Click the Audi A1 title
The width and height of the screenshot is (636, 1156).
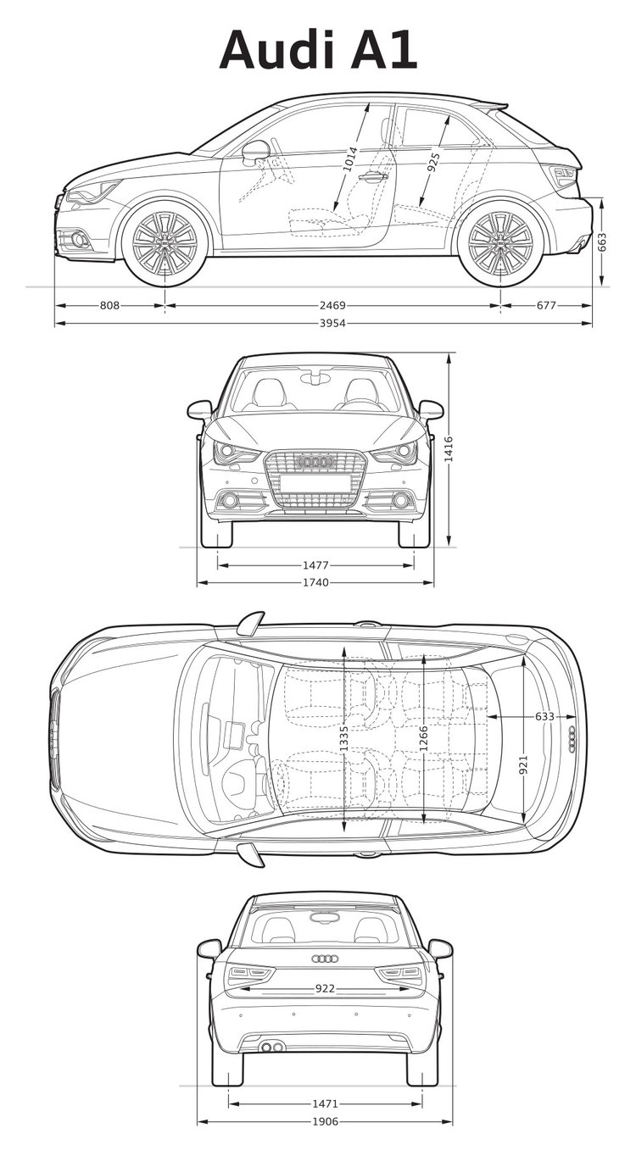click(318, 51)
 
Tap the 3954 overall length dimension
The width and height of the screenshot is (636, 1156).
click(332, 323)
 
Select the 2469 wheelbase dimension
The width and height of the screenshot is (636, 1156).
click(332, 305)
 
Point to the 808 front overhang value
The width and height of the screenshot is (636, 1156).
click(109, 305)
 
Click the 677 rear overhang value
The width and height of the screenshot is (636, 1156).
click(546, 305)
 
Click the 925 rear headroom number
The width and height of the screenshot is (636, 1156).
click(434, 162)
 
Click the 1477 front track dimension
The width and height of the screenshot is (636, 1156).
click(316, 565)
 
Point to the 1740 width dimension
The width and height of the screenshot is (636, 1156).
click(316, 582)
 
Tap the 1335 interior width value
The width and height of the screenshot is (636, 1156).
click(343, 739)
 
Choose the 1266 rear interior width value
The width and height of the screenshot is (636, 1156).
click(423, 739)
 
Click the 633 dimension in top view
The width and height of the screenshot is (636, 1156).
click(544, 716)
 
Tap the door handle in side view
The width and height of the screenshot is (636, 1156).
click(373, 177)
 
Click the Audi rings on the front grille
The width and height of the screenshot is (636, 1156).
click(315, 461)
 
